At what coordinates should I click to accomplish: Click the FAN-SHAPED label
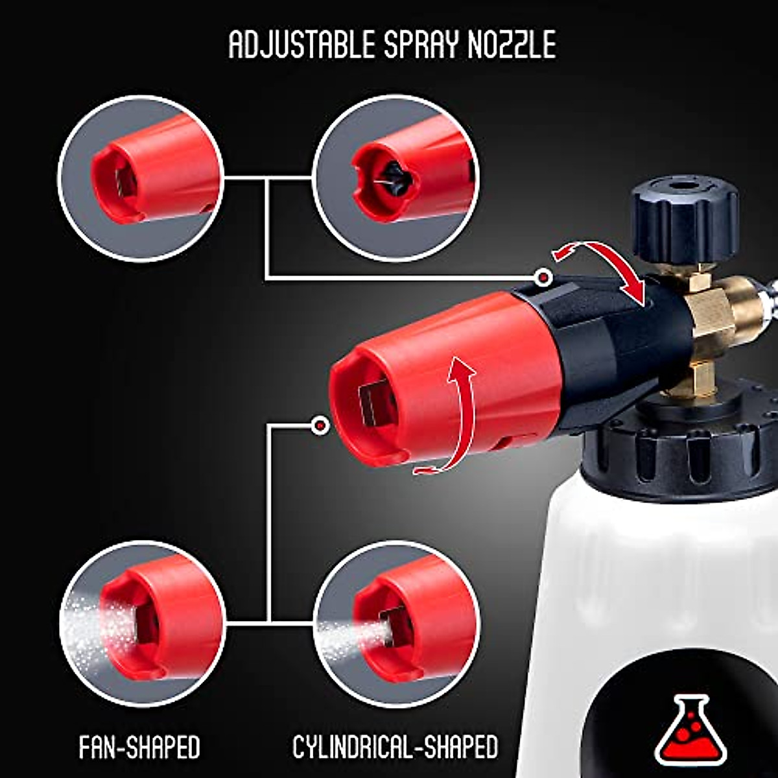point(139,748)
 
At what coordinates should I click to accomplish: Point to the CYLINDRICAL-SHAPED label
point(395,748)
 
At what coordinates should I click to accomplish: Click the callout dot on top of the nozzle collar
point(545,278)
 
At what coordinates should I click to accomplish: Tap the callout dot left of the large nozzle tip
point(319,425)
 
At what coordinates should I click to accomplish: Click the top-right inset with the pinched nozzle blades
point(395,178)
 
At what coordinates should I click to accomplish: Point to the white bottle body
point(648,583)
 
